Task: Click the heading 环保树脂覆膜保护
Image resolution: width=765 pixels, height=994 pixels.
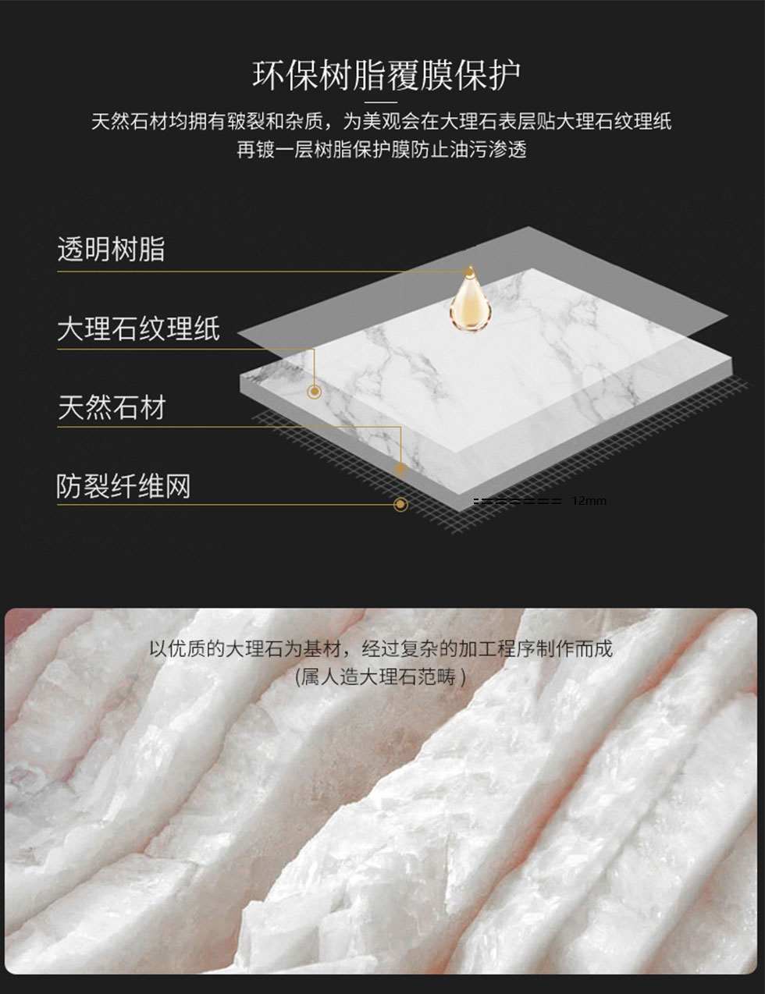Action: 386,75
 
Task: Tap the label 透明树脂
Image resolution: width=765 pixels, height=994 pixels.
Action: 111,250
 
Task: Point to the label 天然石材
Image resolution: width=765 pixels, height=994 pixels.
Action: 112,407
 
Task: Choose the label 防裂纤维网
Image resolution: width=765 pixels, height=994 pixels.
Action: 123,486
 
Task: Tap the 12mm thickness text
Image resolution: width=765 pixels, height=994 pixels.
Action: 589,501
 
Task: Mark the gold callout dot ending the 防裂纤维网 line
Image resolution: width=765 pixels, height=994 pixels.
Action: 400,504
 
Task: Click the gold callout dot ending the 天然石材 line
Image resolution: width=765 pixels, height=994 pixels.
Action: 400,469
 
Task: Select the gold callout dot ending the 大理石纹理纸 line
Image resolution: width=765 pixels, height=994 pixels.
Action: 315,391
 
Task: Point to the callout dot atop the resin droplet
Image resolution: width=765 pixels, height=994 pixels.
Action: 469,272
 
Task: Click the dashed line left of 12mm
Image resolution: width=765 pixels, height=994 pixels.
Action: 518,502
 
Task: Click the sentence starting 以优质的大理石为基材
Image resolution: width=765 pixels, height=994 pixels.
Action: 381,648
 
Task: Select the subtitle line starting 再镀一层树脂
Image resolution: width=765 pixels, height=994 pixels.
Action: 382,150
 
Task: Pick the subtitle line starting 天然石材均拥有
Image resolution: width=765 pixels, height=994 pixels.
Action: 382,121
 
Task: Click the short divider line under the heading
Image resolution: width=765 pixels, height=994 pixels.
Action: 381,102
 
